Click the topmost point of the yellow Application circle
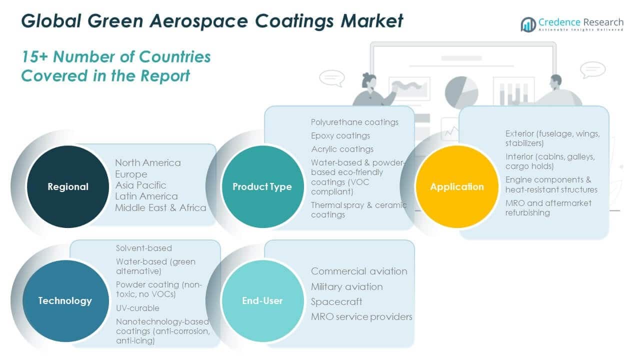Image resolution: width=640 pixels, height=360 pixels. [457, 145]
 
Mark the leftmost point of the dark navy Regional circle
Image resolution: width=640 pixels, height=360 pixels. [27, 186]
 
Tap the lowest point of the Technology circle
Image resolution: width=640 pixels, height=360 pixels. [65, 341]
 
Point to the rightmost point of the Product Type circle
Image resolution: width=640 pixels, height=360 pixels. [303, 186]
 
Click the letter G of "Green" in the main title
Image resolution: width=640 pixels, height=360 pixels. [96, 21]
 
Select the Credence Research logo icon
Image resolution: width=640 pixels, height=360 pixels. [528, 24]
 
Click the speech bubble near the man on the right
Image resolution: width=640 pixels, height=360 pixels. [592, 69]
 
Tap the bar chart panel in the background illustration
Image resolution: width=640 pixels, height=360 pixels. [513, 91]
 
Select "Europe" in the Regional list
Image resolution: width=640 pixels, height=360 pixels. [131, 174]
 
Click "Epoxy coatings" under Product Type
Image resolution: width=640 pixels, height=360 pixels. [340, 135]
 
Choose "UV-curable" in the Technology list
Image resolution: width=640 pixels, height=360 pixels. [137, 308]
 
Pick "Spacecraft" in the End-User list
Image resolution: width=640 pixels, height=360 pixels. [336, 302]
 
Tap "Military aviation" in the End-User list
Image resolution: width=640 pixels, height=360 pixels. [347, 286]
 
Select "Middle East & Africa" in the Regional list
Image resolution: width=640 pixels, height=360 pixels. [160, 207]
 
